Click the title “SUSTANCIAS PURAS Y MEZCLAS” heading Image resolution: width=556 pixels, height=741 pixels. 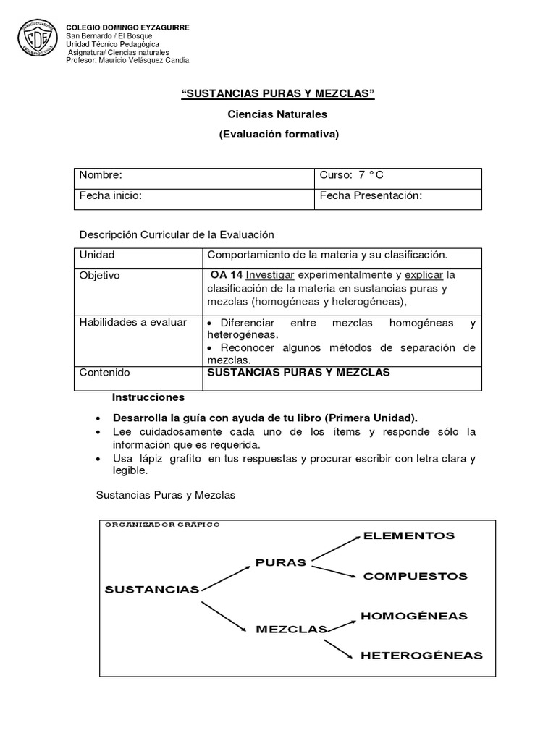tap(277, 96)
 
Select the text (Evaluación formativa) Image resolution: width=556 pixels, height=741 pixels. tap(278, 134)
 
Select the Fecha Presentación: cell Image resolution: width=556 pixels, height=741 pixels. tap(397, 198)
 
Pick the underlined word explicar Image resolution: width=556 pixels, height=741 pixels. tap(424, 276)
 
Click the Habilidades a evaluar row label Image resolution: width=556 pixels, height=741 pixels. tap(132, 322)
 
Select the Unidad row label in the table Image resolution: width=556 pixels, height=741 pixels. tap(97, 255)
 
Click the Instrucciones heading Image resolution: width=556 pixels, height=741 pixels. tap(148, 397)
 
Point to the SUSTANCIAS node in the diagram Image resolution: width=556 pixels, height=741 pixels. tap(151, 589)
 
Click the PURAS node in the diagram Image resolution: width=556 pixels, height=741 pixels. tap(281, 562)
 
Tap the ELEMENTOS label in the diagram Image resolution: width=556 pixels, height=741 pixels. tap(409, 536)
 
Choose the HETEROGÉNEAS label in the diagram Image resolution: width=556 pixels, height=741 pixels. tap(421, 656)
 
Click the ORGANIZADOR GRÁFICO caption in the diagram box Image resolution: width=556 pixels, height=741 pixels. tap(163, 524)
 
